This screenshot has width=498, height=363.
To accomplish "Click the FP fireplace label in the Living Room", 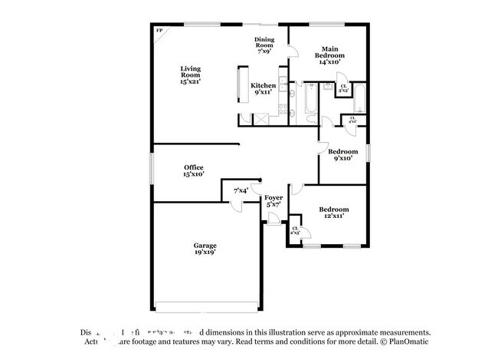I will [x=159, y=31].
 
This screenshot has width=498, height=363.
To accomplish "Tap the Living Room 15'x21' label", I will [x=191, y=74].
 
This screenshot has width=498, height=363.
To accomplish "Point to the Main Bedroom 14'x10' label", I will [x=331, y=55].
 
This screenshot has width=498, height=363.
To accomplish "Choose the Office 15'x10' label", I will [x=193, y=170].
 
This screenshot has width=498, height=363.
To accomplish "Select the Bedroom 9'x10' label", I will [x=342, y=155].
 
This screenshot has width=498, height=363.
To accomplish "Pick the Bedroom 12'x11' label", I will [x=334, y=213].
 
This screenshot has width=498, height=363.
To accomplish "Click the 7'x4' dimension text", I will [x=241, y=190].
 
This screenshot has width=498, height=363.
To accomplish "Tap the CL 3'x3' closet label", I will [x=344, y=88].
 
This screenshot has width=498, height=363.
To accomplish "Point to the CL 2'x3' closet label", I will [x=295, y=229].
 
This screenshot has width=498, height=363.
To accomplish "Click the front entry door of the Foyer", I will [x=273, y=219].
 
